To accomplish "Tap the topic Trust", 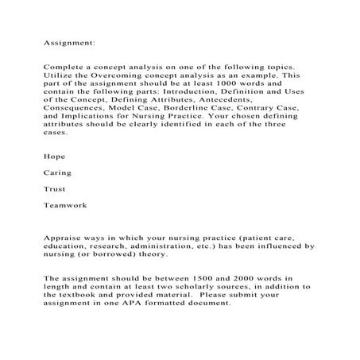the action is (x=54, y=189).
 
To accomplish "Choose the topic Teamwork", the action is (x=64, y=205).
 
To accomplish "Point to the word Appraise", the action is (x=63, y=238).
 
